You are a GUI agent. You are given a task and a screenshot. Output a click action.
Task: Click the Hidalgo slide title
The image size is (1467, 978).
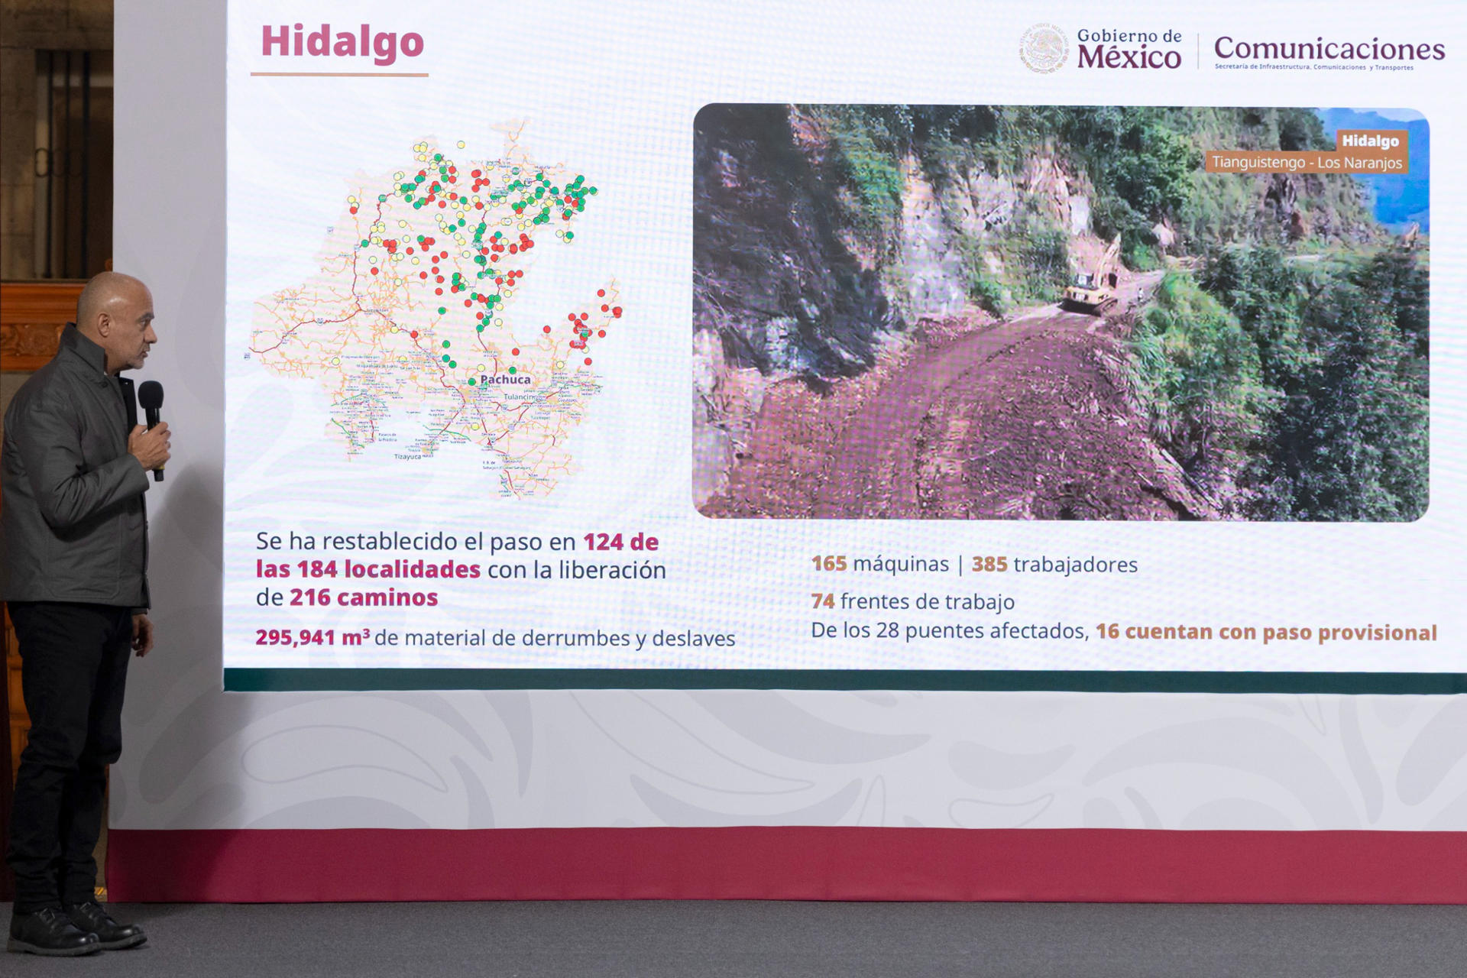(342, 42)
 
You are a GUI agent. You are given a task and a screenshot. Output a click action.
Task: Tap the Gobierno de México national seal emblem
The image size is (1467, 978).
(1044, 49)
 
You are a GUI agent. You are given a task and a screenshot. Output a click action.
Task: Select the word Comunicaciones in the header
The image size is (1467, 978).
(1329, 49)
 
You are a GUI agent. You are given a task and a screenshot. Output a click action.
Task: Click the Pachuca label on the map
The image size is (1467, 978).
(505, 380)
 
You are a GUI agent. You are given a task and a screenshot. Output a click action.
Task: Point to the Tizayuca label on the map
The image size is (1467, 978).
(407, 457)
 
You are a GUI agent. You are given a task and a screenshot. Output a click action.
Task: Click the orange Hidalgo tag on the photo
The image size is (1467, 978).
(1370, 141)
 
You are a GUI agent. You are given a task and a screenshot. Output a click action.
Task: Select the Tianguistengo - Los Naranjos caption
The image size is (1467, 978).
(1307, 163)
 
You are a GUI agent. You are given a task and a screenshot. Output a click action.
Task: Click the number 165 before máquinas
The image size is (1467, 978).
(828, 564)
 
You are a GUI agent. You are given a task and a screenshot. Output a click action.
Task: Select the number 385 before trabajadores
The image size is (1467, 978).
(989, 565)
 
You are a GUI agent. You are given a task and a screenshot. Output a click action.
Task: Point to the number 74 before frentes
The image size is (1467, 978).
(822, 601)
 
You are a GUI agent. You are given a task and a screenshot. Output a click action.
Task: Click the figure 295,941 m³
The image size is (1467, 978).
(312, 637)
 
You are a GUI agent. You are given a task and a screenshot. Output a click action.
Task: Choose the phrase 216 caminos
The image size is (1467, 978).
(363, 597)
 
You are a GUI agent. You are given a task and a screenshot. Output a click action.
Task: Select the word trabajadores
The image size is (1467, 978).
(1075, 565)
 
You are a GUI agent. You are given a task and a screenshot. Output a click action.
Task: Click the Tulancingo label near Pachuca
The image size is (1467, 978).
(520, 397)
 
